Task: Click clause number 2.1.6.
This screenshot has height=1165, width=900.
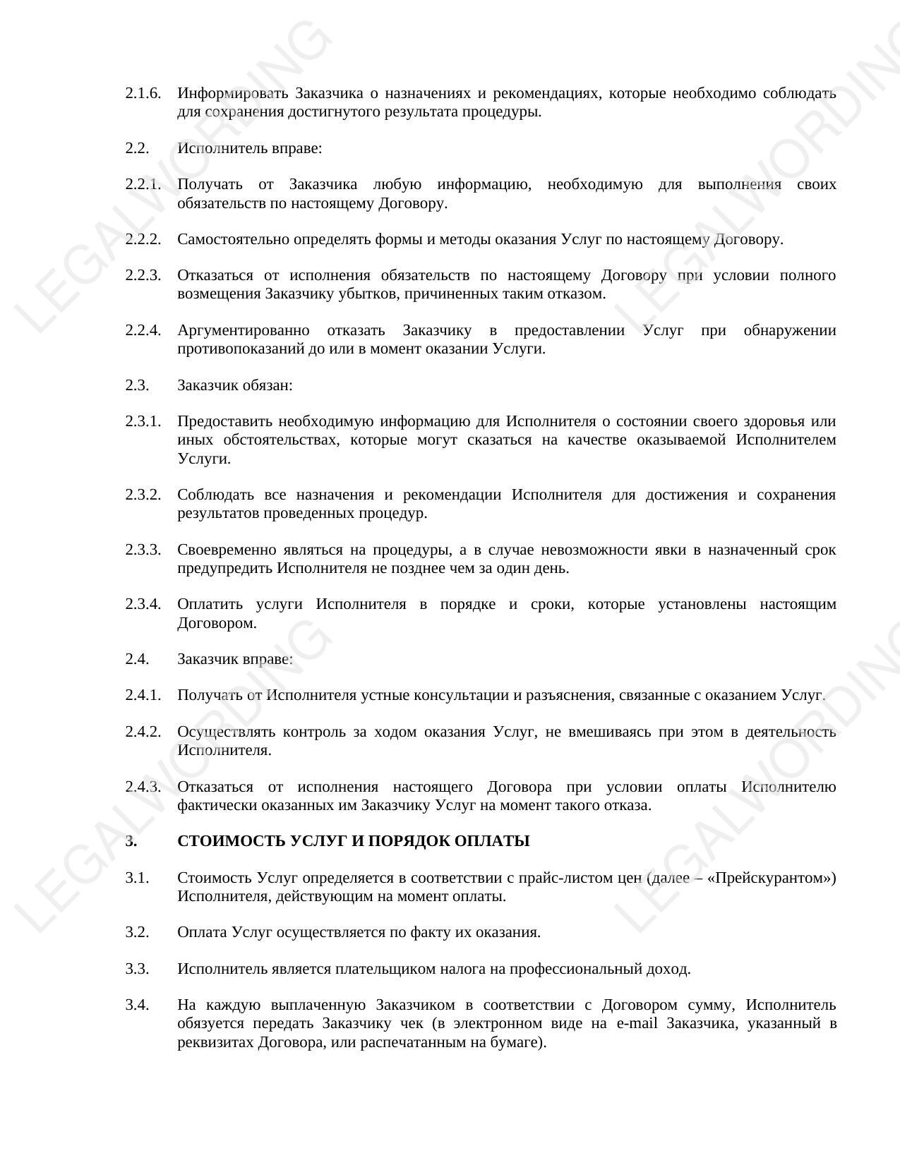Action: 143,93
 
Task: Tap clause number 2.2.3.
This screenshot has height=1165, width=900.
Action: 143,275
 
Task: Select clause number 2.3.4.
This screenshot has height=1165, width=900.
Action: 143,604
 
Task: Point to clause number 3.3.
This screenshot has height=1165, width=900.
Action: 137,969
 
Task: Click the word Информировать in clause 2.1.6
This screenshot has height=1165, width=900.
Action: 232,93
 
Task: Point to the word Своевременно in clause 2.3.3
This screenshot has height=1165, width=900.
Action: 225,550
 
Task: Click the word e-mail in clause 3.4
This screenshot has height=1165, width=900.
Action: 637,1023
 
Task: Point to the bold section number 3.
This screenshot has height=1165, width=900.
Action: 130,841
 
